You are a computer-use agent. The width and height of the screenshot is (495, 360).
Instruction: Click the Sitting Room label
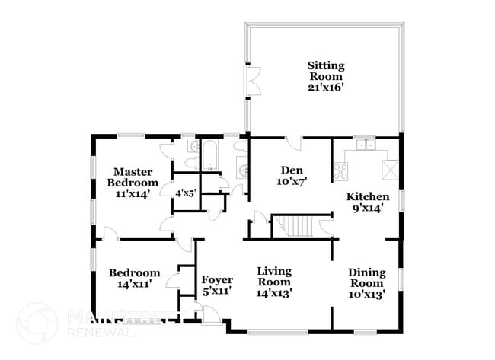tap(325, 71)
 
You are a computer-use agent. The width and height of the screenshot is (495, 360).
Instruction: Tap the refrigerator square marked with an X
tap(390, 169)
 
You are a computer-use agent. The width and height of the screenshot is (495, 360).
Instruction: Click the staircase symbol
tap(295, 226)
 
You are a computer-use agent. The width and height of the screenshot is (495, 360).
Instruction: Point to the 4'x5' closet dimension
tap(185, 193)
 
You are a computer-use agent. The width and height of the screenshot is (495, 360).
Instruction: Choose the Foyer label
tap(217, 280)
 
